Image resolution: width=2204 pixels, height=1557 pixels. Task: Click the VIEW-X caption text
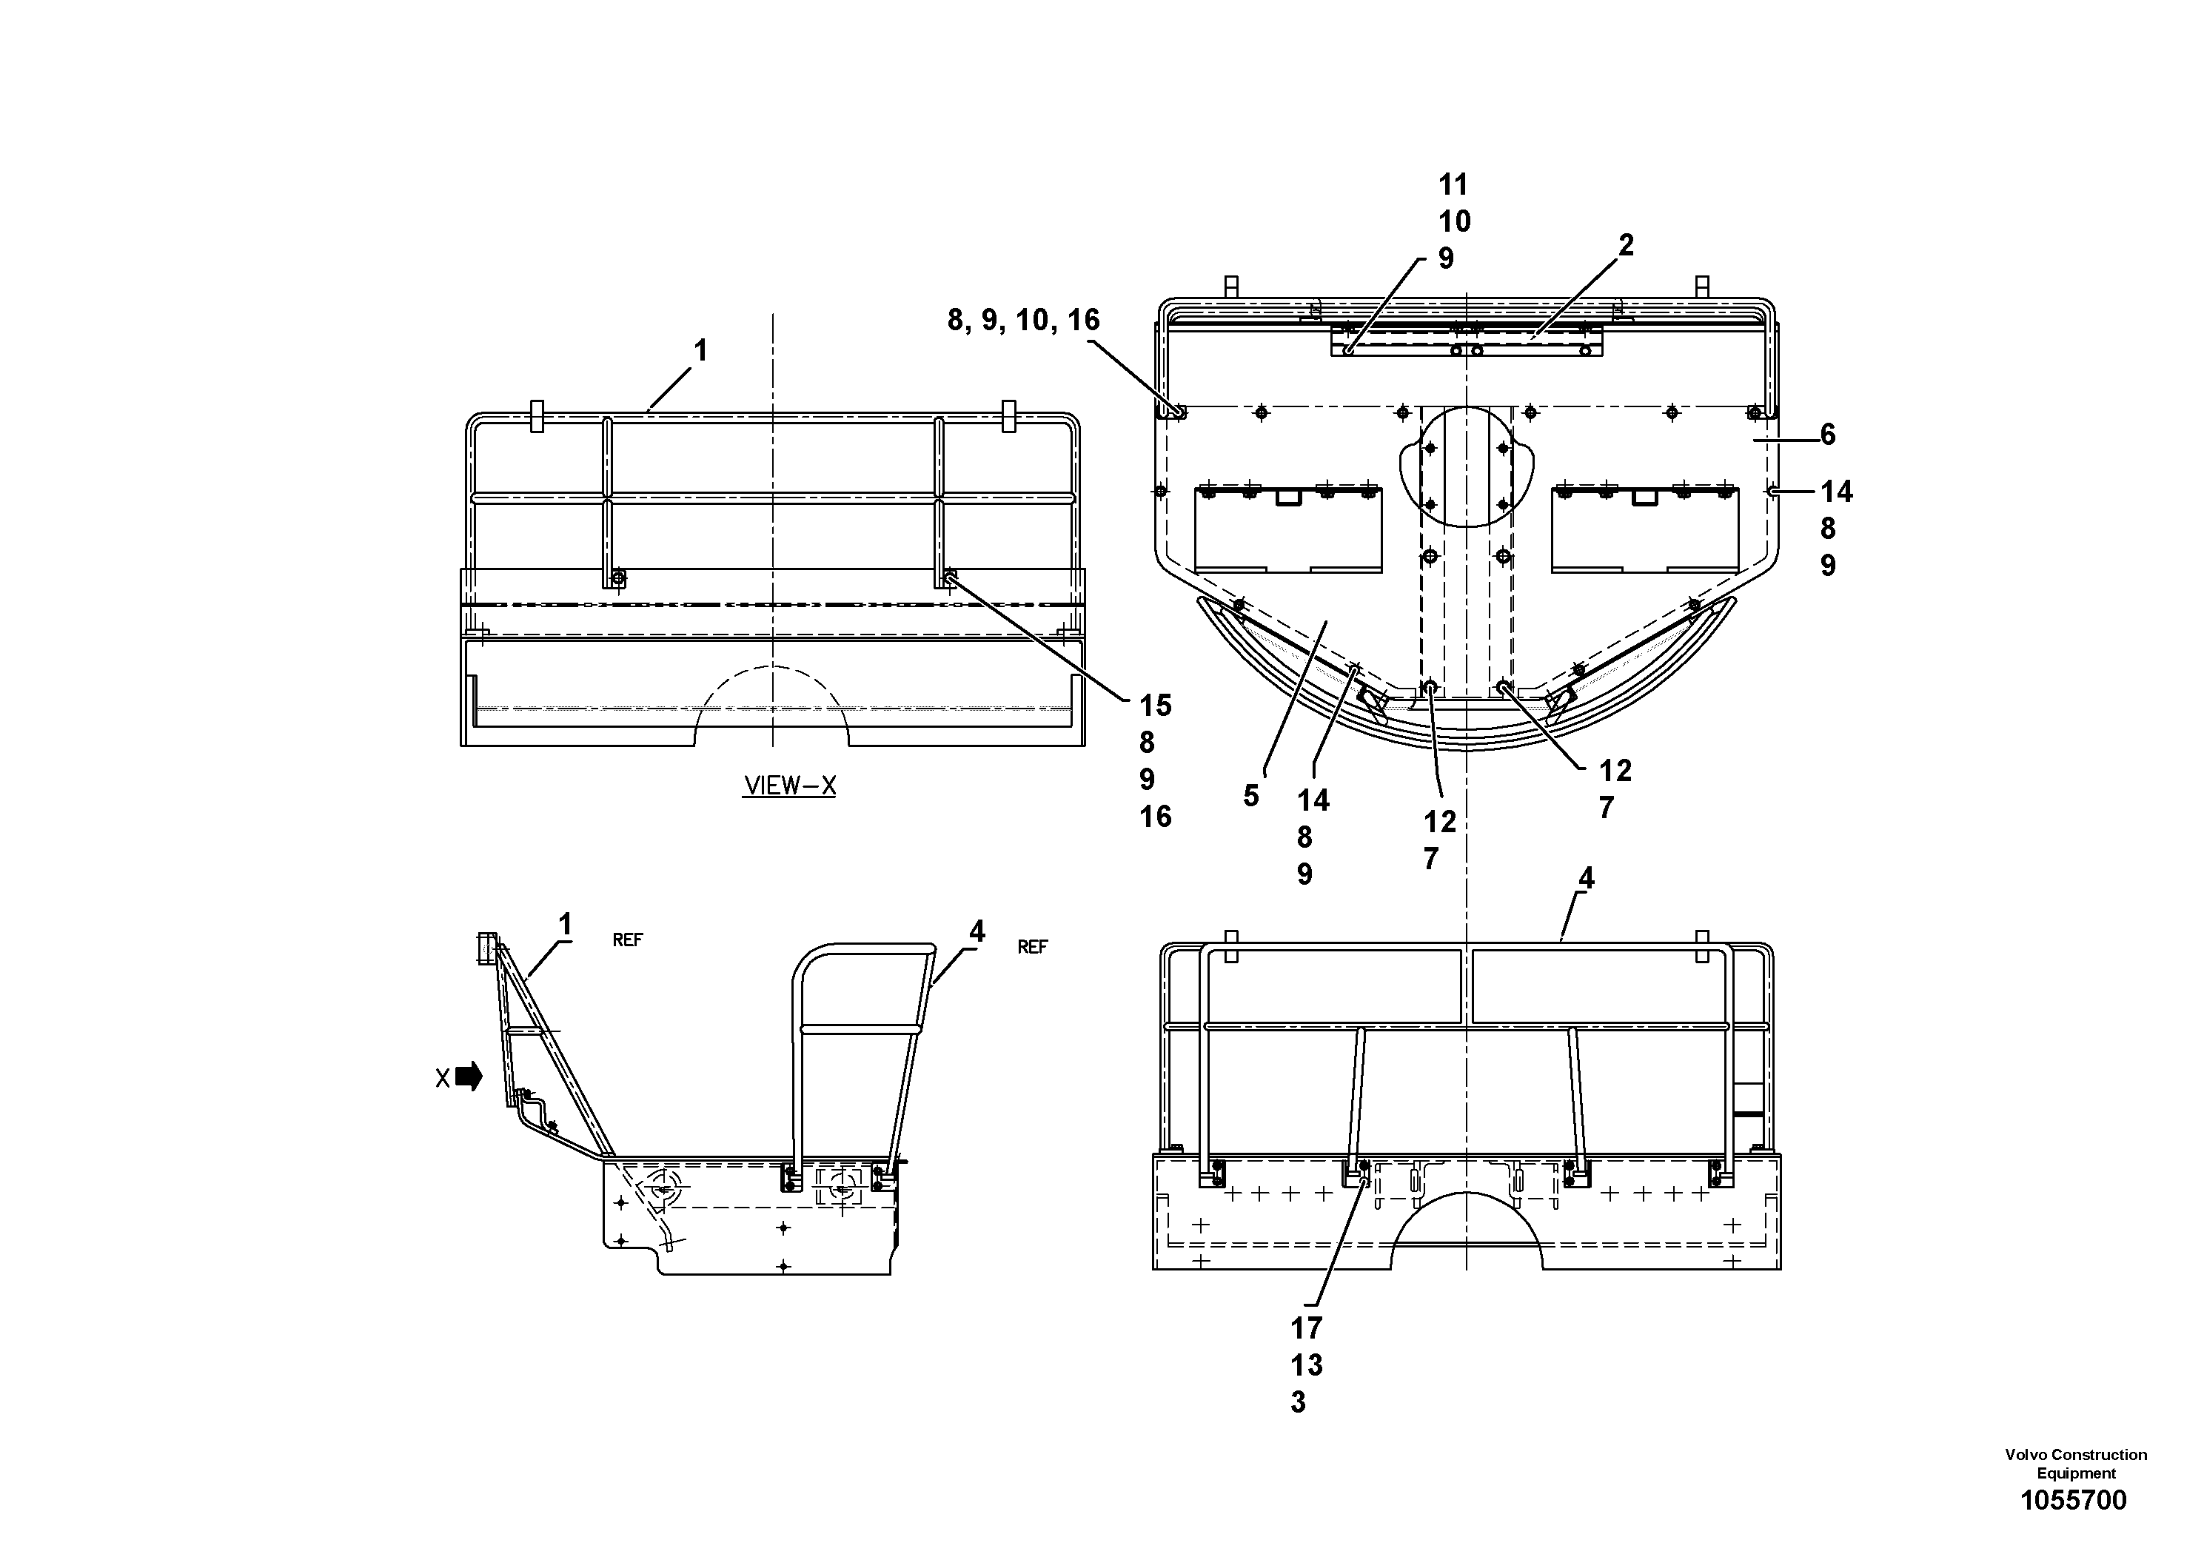[x=789, y=786]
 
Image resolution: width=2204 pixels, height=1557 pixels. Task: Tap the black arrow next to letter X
[x=469, y=1077]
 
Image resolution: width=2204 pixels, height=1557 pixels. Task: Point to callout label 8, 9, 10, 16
[x=1023, y=320]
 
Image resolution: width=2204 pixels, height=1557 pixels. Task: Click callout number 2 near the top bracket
[x=1625, y=246]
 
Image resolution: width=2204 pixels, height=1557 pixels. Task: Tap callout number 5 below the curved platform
[x=1250, y=796]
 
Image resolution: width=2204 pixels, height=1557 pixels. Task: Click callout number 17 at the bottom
[x=1307, y=1328]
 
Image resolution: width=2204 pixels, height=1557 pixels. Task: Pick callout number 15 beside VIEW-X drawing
[x=1156, y=706]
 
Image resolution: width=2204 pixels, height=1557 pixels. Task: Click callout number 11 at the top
[x=1453, y=184]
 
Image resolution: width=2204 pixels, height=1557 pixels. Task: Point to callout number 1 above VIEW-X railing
[x=701, y=352]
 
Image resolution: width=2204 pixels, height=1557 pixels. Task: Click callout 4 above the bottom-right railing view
[x=1586, y=877]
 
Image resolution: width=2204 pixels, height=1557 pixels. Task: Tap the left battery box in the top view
[x=1288, y=531]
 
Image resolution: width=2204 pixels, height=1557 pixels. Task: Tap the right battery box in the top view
[x=1644, y=531]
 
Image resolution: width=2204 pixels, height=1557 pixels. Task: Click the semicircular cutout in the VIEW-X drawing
[x=771, y=710]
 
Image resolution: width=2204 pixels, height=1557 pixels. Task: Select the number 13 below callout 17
[x=1307, y=1365]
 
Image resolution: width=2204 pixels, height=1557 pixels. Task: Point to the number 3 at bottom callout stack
[x=1298, y=1402]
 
